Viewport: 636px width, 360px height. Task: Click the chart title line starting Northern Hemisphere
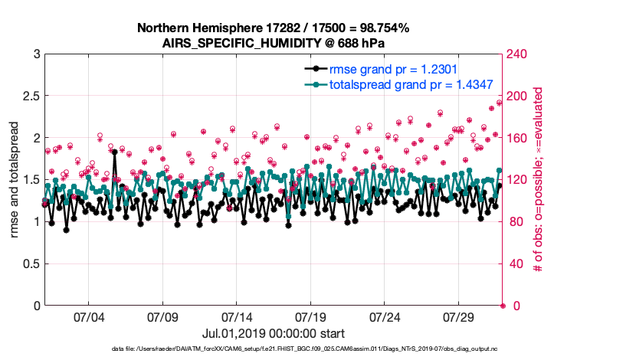click(x=273, y=28)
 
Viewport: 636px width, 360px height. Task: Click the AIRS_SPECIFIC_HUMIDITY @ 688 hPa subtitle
click(x=273, y=43)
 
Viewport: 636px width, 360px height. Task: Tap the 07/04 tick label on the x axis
click(x=88, y=316)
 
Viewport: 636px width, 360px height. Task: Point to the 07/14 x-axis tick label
click(x=237, y=316)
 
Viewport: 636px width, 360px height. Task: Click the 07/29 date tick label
click(x=459, y=316)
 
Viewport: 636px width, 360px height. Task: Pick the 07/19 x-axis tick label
click(x=310, y=316)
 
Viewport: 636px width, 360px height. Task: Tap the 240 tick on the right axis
click(x=518, y=55)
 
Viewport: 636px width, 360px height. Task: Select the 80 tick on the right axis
click(x=515, y=222)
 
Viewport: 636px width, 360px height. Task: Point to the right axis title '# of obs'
click(x=539, y=180)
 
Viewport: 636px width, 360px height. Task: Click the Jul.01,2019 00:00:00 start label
click(x=273, y=334)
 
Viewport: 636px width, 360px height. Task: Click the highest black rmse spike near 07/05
click(x=115, y=152)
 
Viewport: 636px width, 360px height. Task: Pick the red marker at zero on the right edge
click(x=503, y=306)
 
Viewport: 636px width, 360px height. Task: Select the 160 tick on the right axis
click(x=518, y=139)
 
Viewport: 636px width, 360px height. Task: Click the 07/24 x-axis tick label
click(x=385, y=316)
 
